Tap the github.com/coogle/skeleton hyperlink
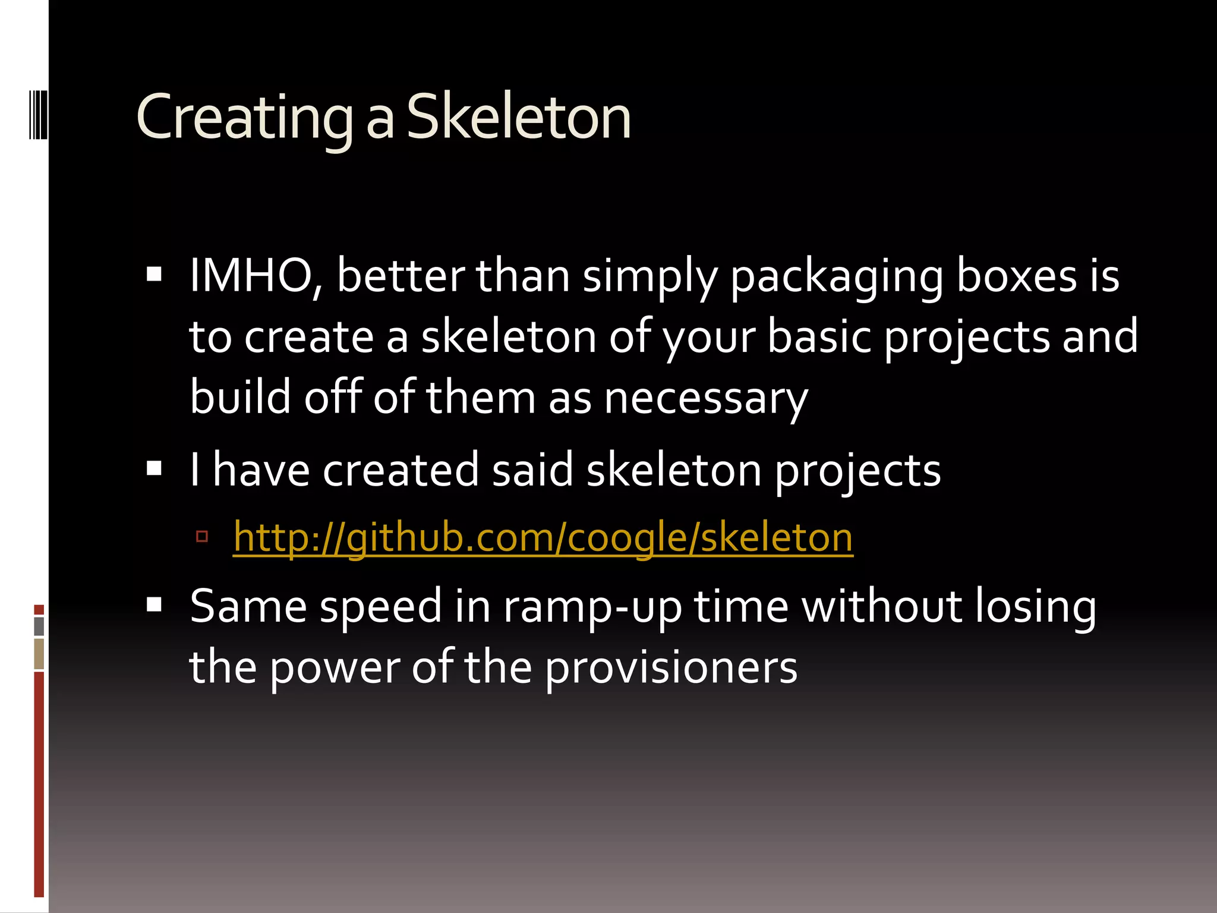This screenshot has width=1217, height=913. pos(543,537)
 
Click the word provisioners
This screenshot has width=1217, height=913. pos(671,668)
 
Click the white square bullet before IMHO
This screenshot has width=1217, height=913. pos(154,274)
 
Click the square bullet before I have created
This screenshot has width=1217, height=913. pos(154,468)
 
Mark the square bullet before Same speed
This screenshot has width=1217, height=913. pos(154,605)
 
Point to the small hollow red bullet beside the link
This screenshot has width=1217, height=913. pos(202,537)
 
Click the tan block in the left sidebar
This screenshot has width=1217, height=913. pos(39,654)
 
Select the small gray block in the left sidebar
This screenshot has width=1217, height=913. pos(39,626)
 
